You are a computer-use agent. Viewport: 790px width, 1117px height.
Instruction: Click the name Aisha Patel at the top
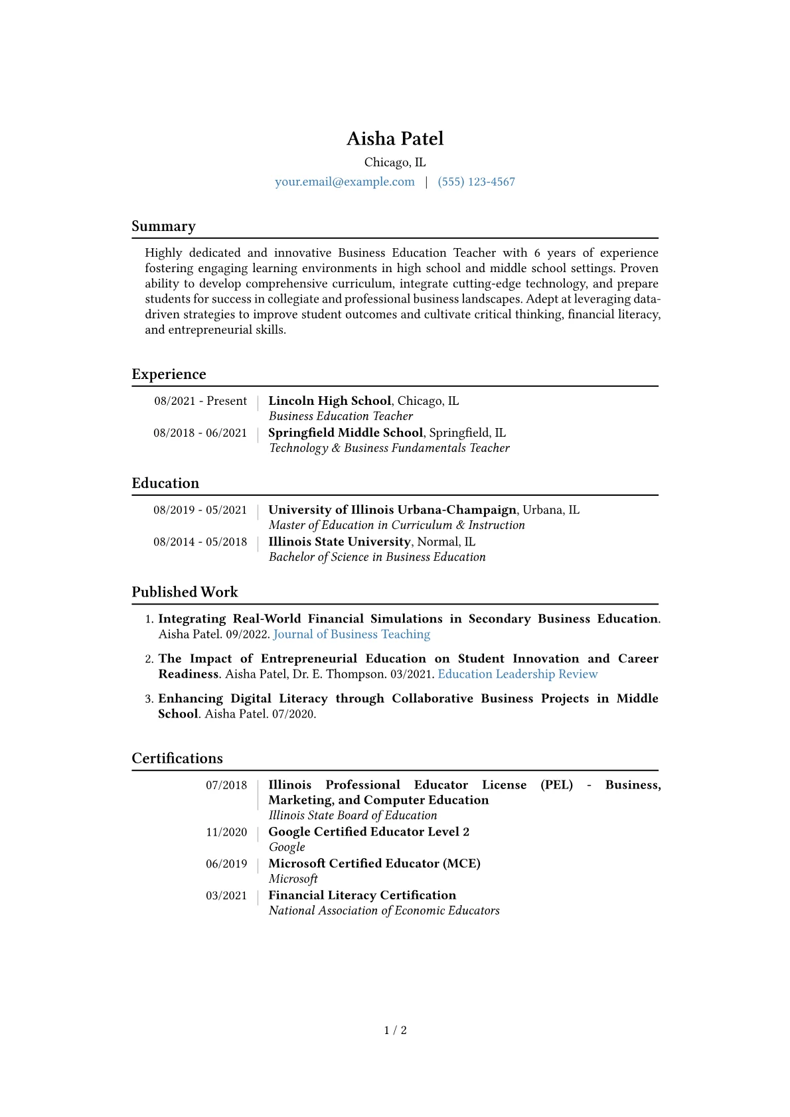(395, 139)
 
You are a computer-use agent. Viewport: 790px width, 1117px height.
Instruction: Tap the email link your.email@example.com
(345, 182)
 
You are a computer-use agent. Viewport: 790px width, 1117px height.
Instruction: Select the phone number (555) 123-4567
(476, 182)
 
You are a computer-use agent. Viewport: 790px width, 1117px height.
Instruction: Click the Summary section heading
(163, 226)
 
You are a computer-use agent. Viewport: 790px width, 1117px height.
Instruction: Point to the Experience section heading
(169, 374)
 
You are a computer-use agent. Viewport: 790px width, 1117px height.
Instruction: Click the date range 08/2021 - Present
(200, 401)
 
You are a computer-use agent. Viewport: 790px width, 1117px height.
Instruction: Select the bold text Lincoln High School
(329, 401)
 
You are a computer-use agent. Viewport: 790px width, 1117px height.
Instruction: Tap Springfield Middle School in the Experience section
(345, 433)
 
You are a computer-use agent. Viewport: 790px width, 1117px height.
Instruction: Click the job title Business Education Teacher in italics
(341, 416)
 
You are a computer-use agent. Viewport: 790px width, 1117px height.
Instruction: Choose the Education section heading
(165, 483)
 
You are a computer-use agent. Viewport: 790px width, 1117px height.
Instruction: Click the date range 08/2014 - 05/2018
(200, 542)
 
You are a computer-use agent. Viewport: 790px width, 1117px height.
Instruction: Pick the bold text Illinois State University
(339, 542)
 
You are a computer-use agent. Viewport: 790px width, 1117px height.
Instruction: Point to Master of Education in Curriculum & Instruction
(396, 525)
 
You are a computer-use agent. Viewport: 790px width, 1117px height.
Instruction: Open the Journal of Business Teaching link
(351, 634)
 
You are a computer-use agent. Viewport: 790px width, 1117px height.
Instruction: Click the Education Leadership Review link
(517, 674)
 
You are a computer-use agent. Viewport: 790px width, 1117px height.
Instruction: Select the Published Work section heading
(185, 592)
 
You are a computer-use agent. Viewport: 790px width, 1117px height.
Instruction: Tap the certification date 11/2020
(226, 832)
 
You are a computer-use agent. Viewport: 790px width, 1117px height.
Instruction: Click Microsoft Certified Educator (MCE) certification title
(374, 863)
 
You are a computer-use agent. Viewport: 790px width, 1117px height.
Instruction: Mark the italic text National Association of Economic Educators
(384, 911)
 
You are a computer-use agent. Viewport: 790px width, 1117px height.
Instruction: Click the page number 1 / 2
(395, 1030)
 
